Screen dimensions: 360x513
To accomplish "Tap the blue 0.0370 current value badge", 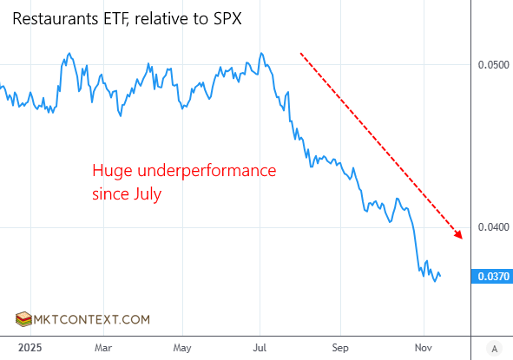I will click(x=491, y=277).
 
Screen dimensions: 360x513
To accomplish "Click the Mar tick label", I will click(x=102, y=347).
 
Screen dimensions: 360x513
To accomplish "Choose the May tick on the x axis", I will click(x=181, y=347).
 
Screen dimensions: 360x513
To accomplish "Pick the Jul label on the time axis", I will click(x=260, y=347).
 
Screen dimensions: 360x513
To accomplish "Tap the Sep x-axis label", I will click(x=341, y=347).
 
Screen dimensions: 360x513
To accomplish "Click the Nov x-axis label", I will click(x=423, y=347).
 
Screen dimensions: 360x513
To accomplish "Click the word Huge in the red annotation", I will click(x=109, y=171).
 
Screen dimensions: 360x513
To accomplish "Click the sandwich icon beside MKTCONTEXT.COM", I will click(x=24, y=319).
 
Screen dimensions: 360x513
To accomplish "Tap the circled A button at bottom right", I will click(x=494, y=348).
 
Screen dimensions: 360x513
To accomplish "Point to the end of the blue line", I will click(x=440, y=277).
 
